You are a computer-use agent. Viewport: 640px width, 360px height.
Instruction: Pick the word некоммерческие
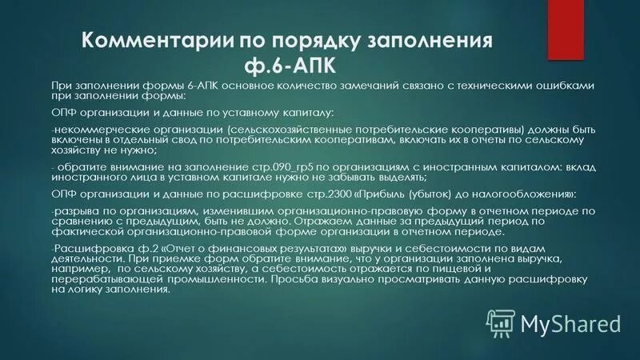click(88, 128)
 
